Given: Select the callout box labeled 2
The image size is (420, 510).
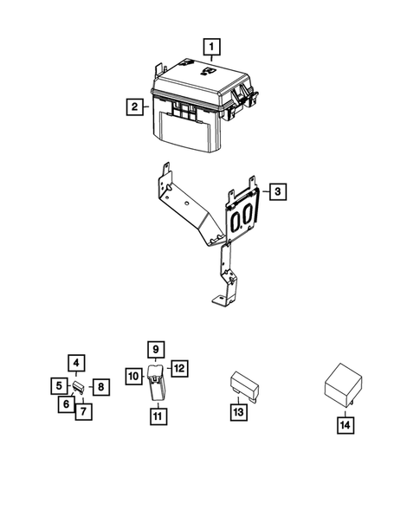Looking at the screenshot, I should (x=134, y=107).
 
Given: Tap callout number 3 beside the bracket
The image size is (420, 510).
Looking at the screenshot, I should (x=275, y=191).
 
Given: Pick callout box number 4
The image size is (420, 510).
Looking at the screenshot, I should (x=76, y=364).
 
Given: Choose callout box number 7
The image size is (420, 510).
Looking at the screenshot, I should (x=82, y=411).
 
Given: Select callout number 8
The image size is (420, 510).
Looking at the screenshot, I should (x=100, y=386).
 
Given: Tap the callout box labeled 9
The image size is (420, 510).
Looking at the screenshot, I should (x=157, y=351).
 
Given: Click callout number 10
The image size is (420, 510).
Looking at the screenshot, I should (x=134, y=376).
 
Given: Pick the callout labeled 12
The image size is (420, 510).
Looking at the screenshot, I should (x=178, y=369).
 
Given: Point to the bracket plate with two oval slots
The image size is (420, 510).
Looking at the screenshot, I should (x=244, y=216).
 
